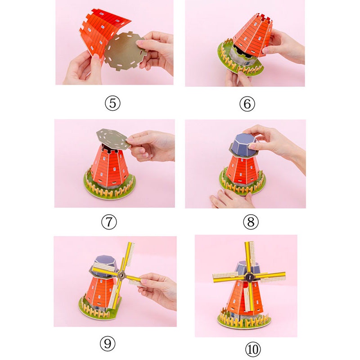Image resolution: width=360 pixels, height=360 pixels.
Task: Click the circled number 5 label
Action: (112, 103)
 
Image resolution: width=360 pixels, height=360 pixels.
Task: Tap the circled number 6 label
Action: (247, 104)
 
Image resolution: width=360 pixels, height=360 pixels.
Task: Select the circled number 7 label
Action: (109, 222)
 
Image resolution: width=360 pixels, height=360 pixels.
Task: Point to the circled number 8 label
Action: (251, 222)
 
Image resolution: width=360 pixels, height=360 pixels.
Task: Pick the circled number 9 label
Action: (108, 343)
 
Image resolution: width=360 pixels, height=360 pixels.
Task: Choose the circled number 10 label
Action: (253, 350)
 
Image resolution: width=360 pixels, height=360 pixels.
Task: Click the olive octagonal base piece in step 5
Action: (125, 51)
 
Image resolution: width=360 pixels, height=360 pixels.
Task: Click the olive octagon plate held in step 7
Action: (112, 139)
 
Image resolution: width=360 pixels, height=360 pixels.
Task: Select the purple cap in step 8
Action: (243, 145)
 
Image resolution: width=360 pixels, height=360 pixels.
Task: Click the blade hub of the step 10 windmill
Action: (249, 277)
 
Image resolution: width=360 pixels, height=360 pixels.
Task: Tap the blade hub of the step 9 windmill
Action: (121, 275)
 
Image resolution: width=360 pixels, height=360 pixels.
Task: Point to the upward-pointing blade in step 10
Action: (250, 257)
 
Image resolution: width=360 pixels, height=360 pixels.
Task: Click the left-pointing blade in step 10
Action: (228, 277)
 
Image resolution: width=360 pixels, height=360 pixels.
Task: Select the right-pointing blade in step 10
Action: (270, 277)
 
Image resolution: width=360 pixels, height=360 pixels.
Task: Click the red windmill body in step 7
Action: (109, 166)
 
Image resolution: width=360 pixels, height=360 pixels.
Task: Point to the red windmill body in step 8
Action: (243, 170)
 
